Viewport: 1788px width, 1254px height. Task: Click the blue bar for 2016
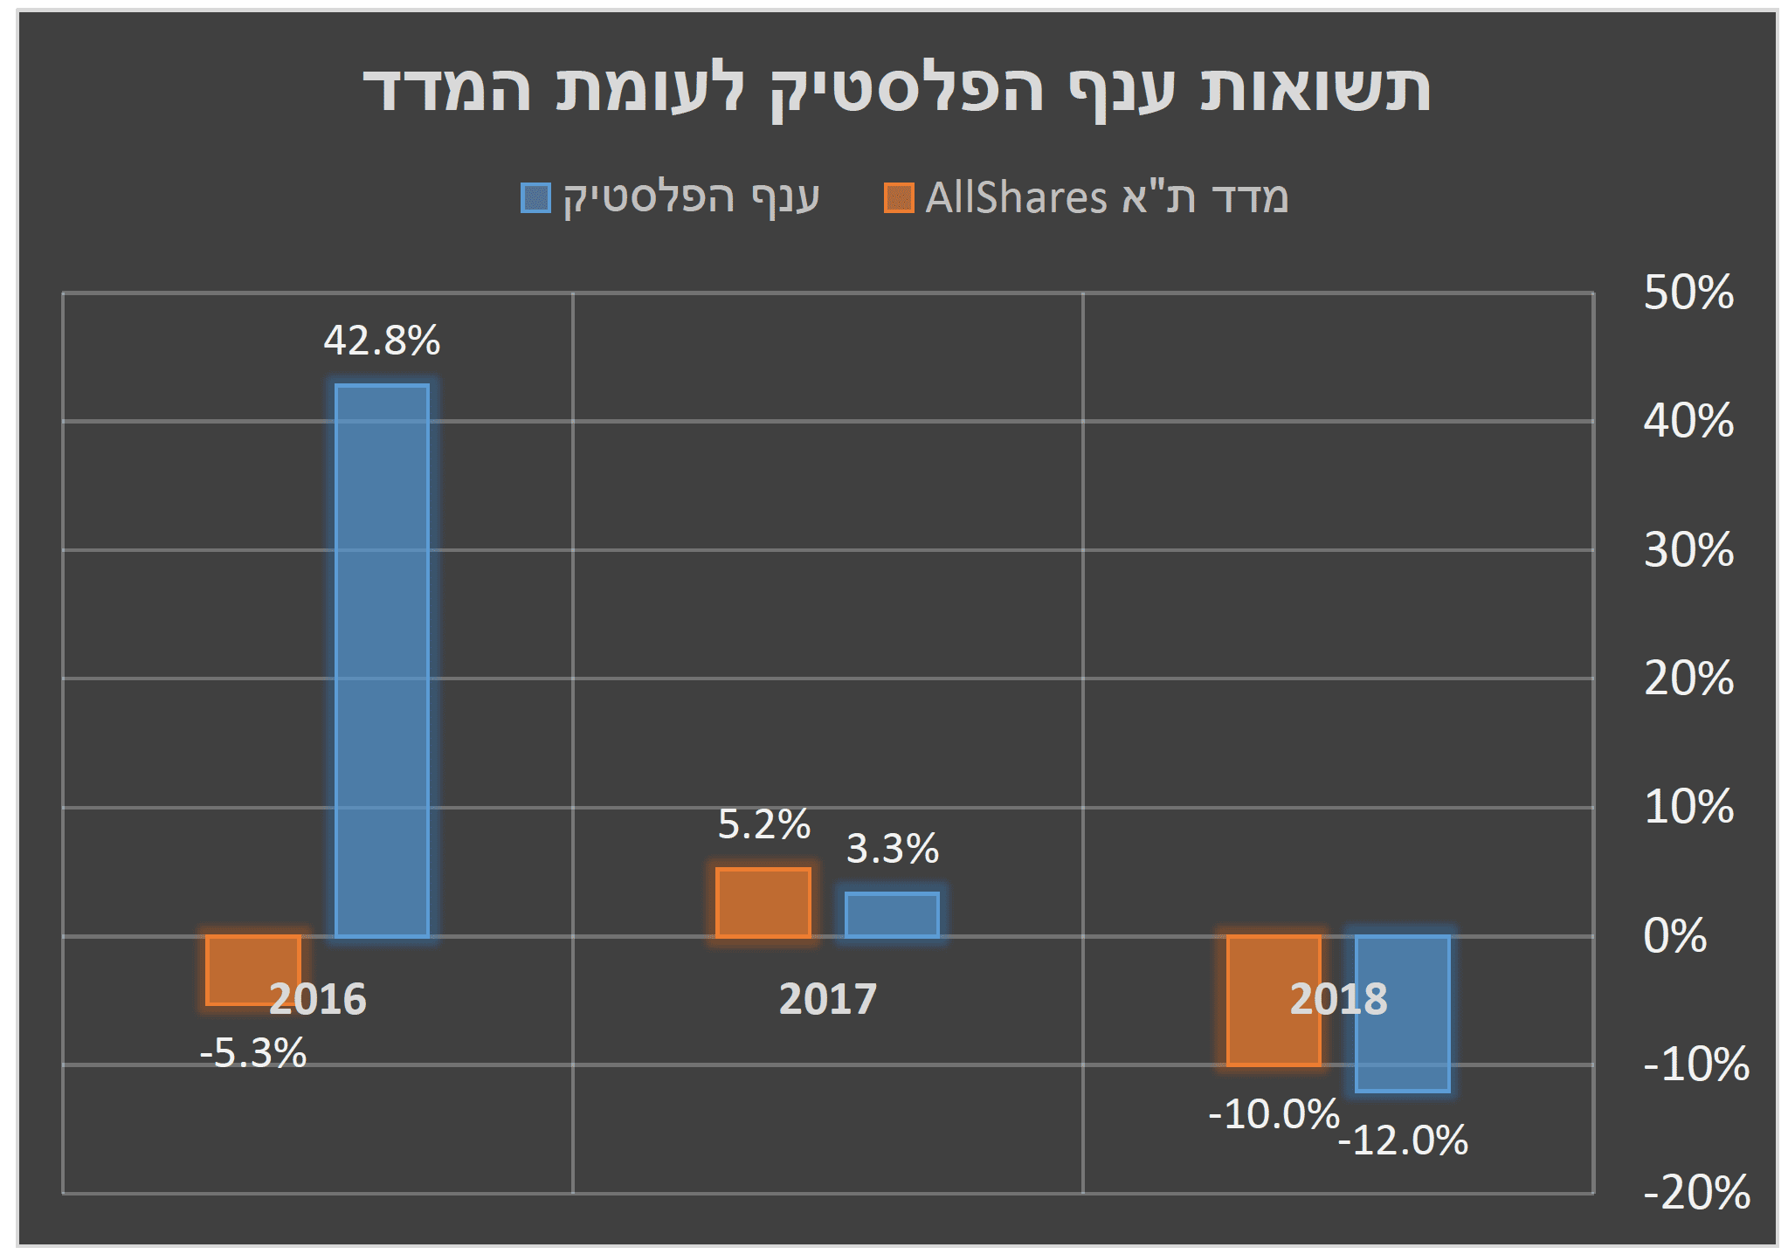[x=382, y=660]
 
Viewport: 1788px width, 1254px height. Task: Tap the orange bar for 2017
[x=763, y=902]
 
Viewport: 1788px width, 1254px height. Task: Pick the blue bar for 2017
[x=892, y=914]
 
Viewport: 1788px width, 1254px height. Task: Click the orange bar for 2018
[x=1274, y=1039]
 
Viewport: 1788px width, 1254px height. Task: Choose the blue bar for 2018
[x=1403, y=1048]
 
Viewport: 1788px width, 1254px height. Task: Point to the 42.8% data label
[x=382, y=341]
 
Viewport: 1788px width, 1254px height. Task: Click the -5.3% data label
[x=253, y=1053]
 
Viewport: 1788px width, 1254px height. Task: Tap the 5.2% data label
[x=763, y=824]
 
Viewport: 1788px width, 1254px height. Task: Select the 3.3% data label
[x=892, y=849]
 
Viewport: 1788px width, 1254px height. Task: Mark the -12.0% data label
[x=1403, y=1140]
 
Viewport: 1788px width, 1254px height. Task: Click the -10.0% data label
[x=1274, y=1114]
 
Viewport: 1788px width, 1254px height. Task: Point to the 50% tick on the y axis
[x=1688, y=293]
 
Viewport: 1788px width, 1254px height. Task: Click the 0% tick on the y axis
[x=1674, y=936]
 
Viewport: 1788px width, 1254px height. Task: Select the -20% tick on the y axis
[x=1695, y=1193]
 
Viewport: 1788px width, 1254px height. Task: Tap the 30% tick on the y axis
[x=1688, y=550]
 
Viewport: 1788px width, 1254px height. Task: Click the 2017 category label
[x=827, y=999]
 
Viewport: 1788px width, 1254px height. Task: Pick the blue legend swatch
[x=535, y=198]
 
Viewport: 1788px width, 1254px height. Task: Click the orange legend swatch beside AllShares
[x=899, y=198]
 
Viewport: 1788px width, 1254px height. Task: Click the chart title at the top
[x=896, y=88]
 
